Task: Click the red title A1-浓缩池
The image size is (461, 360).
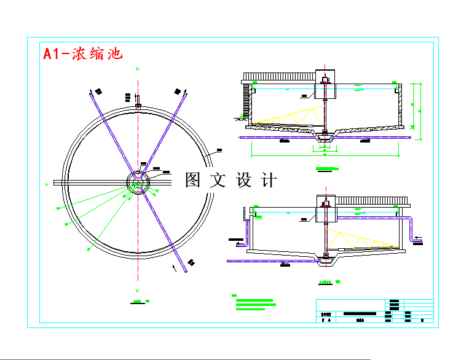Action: pyautogui.click(x=83, y=53)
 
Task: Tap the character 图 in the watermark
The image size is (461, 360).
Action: pyautogui.click(x=193, y=180)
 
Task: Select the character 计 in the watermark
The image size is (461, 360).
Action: pyautogui.click(x=269, y=180)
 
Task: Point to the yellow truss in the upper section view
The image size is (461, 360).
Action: pyautogui.click(x=289, y=117)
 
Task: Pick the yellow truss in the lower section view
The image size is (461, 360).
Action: pyautogui.click(x=360, y=240)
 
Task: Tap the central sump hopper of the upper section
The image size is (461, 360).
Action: pyautogui.click(x=325, y=141)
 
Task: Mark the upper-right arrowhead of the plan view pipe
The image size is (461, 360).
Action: pyautogui.click(x=184, y=91)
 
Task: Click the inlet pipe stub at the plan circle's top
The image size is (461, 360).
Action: pyautogui.click(x=138, y=101)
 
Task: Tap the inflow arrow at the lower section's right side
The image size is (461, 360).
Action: pyautogui.click(x=419, y=237)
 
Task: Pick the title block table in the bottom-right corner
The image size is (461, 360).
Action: pyautogui.click(x=375, y=311)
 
